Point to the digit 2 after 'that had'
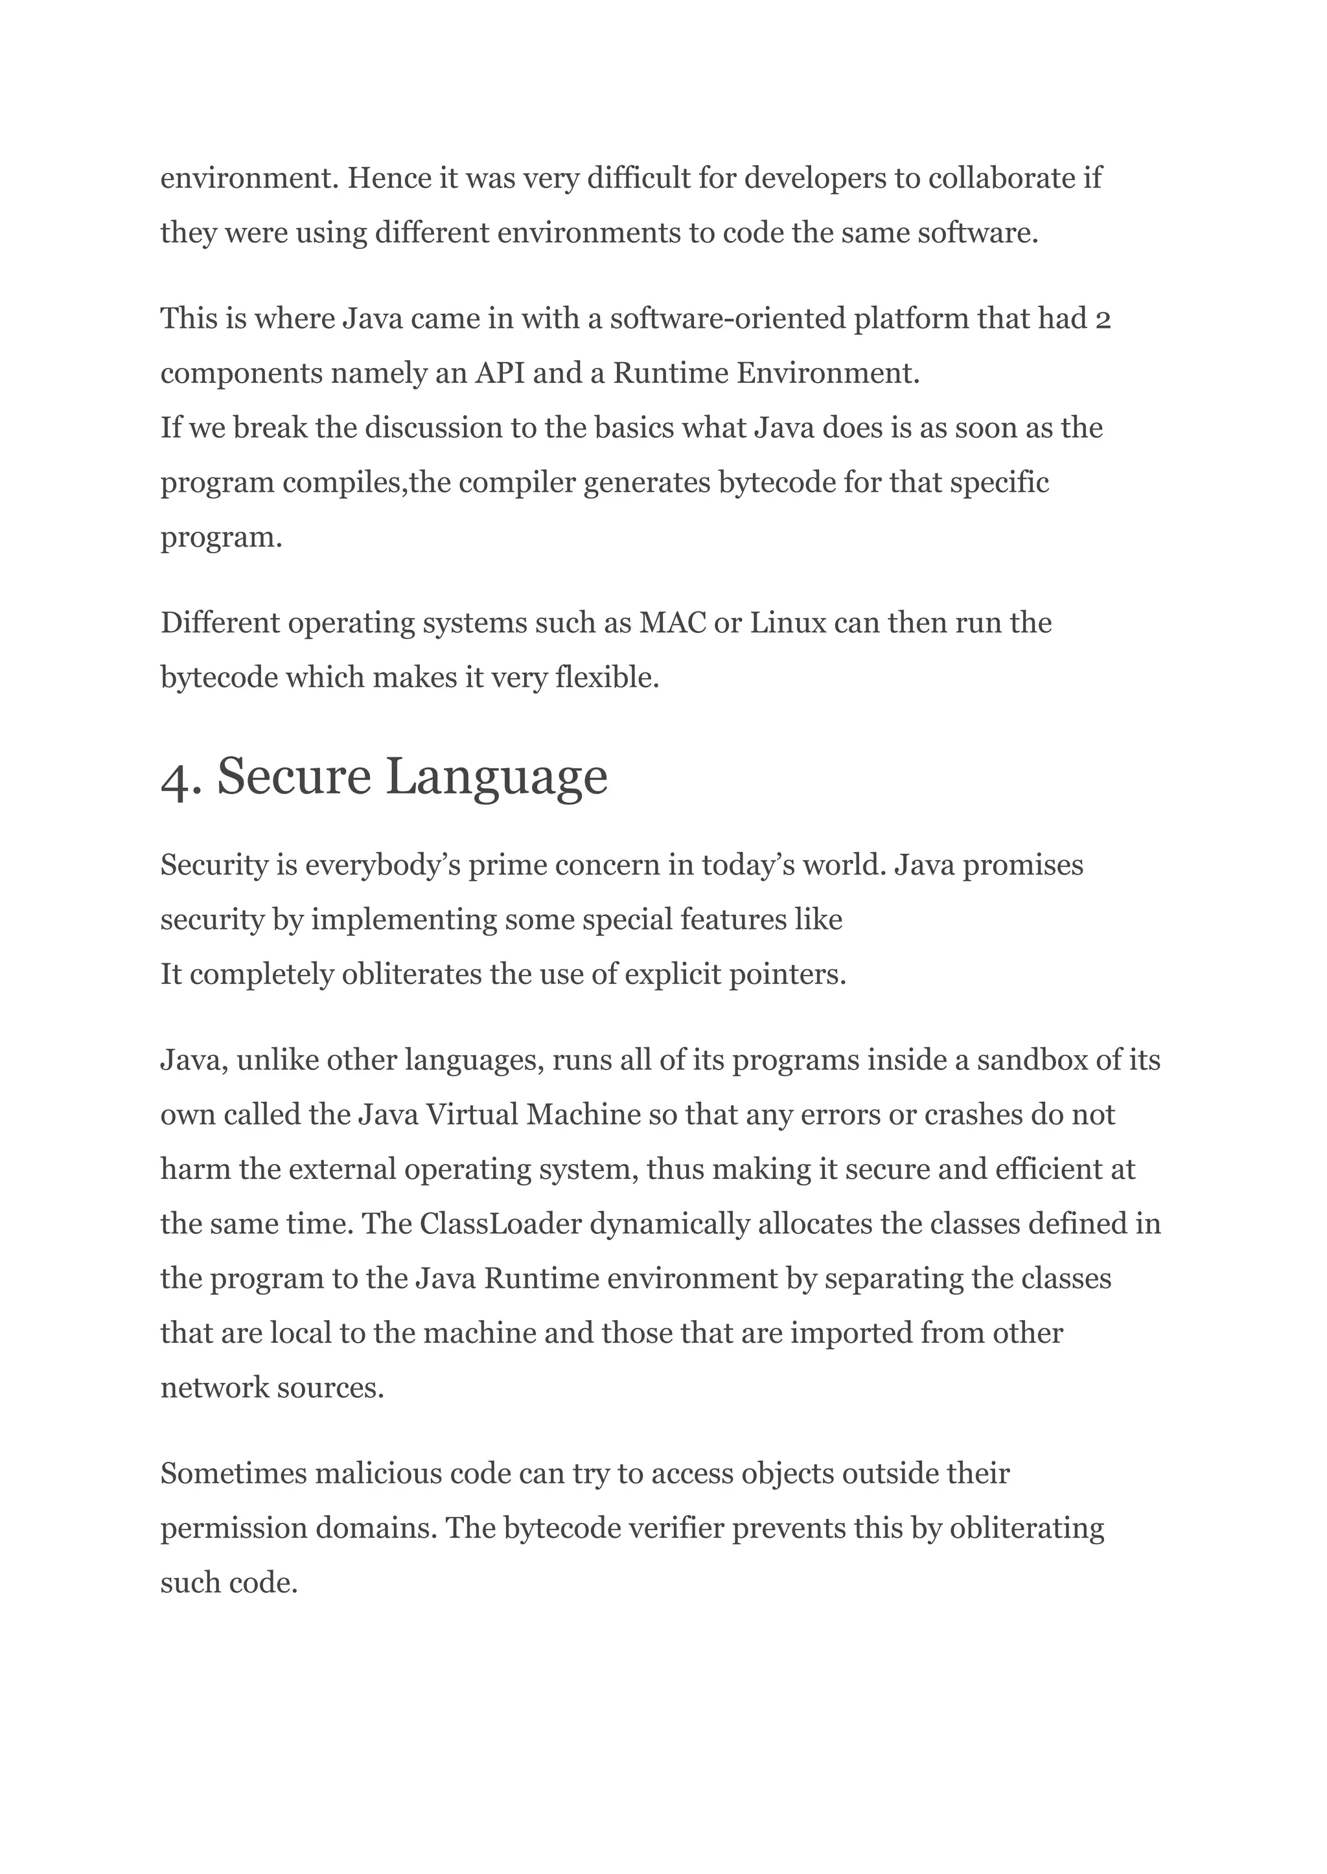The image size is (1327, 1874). click(x=1102, y=319)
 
